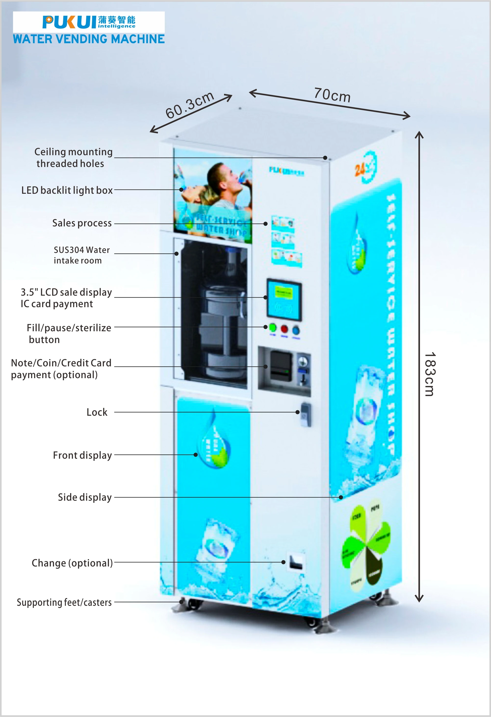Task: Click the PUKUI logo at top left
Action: tap(89, 22)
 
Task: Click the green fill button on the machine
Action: tap(273, 328)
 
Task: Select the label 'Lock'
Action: tap(97, 412)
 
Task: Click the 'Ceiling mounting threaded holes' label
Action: tap(73, 158)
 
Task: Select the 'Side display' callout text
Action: tap(85, 497)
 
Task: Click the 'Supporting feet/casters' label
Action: tap(64, 602)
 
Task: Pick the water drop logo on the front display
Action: tap(214, 441)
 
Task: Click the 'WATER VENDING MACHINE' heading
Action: tap(89, 39)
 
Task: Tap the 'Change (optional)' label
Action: tap(72, 563)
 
